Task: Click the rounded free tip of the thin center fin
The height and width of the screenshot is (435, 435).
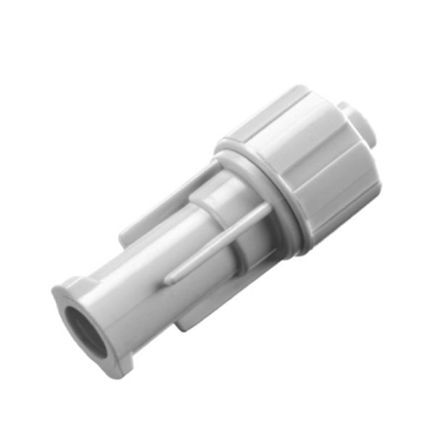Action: pos(169,278)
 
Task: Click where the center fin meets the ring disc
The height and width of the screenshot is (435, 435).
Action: pos(265,211)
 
